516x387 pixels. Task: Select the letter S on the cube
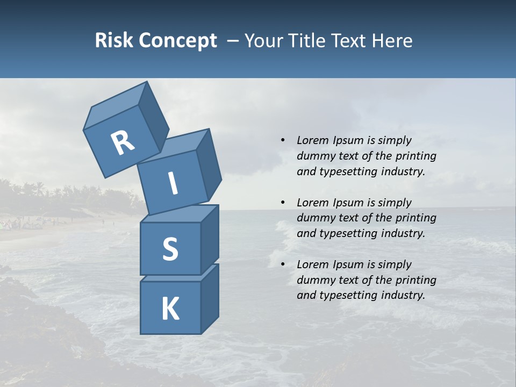point(170,249)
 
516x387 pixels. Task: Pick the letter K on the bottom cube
point(170,309)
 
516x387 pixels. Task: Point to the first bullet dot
point(283,140)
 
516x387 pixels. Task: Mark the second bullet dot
point(283,202)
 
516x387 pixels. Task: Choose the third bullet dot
point(283,264)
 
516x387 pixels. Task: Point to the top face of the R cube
point(114,107)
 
